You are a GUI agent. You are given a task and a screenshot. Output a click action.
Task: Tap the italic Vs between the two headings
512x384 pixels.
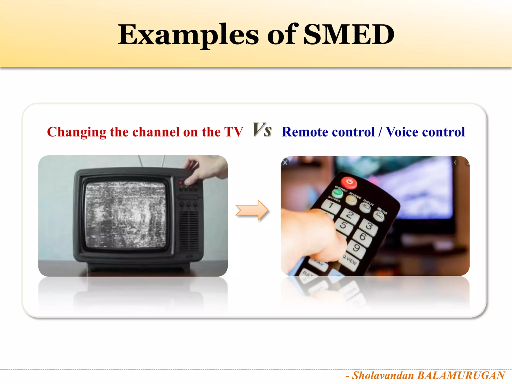coord(262,130)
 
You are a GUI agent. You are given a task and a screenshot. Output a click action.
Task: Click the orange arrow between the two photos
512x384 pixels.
coord(252,210)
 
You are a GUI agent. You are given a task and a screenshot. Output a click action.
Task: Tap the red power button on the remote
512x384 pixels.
coord(349,182)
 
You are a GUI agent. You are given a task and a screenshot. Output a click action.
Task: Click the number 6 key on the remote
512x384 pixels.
coord(362,236)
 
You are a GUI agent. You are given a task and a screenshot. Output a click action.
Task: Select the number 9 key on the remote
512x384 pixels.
coord(356,248)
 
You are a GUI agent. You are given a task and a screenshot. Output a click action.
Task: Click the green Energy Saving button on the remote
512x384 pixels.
coord(337,193)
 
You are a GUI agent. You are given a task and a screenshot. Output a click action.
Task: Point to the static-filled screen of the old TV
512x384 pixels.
coord(125,215)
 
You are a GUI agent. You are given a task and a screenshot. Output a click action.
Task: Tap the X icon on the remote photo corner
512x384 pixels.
coord(285,163)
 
